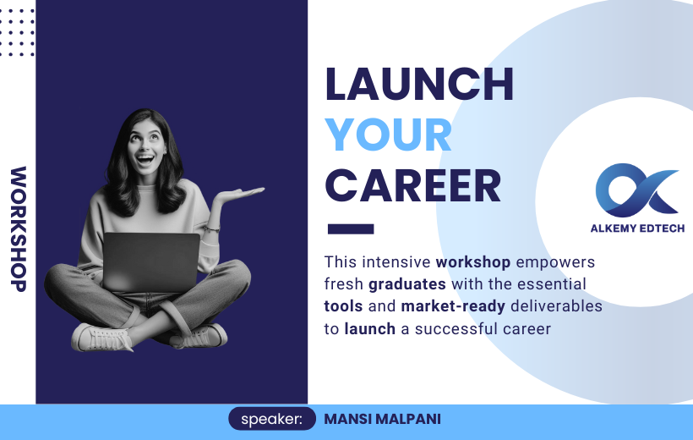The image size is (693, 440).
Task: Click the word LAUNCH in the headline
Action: pyautogui.click(x=419, y=84)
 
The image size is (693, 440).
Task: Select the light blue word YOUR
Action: pyautogui.click(x=389, y=135)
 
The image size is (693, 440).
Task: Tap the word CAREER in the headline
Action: pyautogui.click(x=413, y=186)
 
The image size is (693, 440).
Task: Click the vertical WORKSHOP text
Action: pyautogui.click(x=19, y=228)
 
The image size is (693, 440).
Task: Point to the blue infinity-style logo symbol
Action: pyautogui.click(x=636, y=190)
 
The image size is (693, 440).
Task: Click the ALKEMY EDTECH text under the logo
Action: pyautogui.click(x=637, y=228)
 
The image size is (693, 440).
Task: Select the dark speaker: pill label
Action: pyautogui.click(x=272, y=419)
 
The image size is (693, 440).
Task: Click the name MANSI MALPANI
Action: pyautogui.click(x=382, y=419)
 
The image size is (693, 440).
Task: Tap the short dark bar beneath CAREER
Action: pyautogui.click(x=351, y=228)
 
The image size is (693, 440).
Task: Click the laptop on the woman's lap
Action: pyautogui.click(x=150, y=262)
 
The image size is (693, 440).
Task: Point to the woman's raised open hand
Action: pyautogui.click(x=241, y=194)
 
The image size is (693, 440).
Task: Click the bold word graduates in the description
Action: pyautogui.click(x=407, y=284)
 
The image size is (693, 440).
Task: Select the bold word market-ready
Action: pyautogui.click(x=453, y=306)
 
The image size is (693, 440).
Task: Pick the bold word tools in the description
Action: pyautogui.click(x=343, y=306)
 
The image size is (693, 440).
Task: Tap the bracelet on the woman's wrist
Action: pyautogui.click(x=211, y=228)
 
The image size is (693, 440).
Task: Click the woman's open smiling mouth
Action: pyautogui.click(x=145, y=158)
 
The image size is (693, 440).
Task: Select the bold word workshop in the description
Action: pyautogui.click(x=473, y=262)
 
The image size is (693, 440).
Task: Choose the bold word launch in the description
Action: pyautogui.click(x=370, y=329)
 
